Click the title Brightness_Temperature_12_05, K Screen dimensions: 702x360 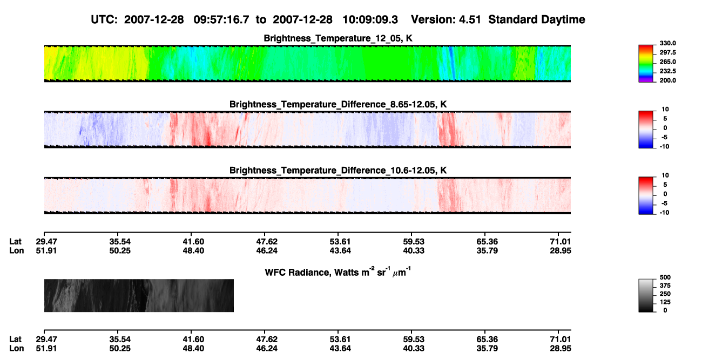tap(338, 38)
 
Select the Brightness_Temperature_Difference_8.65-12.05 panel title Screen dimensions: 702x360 tap(338, 104)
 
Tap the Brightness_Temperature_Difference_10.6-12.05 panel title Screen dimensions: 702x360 tap(338, 171)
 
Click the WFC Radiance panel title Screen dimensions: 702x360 tap(338, 271)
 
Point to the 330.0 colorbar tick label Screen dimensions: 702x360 tap(667, 43)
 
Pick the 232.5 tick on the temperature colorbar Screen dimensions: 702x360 tap(667, 71)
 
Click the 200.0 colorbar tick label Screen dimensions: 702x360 tap(667, 80)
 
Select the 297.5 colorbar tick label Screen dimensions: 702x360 tap(667, 53)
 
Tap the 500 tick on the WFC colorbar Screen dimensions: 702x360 tap(665, 277)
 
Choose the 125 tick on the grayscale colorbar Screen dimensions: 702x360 tap(665, 302)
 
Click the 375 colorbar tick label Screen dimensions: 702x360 tap(665, 286)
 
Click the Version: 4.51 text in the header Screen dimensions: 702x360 tap(446, 19)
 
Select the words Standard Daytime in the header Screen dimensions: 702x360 tap(537, 19)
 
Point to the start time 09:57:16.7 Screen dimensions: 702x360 tap(221, 19)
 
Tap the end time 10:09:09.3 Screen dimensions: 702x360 tap(370, 19)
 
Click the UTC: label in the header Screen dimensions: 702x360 tap(104, 19)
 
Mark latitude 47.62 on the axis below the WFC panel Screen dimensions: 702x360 tap(267, 339)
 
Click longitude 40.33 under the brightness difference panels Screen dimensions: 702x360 tap(414, 250)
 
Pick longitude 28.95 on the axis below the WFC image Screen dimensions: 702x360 tap(561, 349)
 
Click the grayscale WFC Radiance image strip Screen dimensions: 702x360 tap(139, 295)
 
